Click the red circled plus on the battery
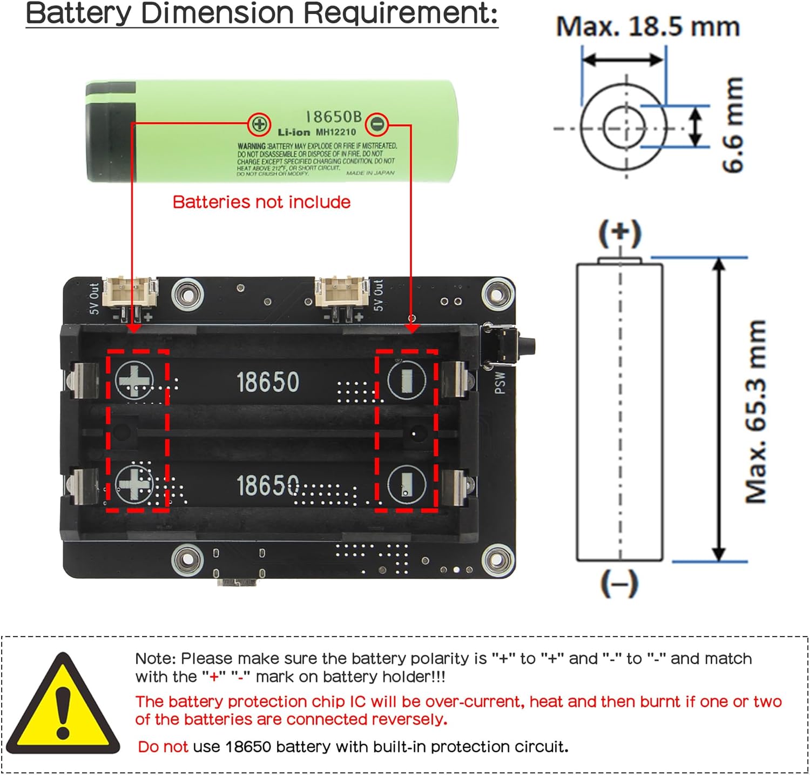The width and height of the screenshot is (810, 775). [259, 124]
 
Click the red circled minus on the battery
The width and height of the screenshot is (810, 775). [377, 125]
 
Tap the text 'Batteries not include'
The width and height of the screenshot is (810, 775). [261, 202]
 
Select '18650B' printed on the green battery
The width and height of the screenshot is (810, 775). [333, 117]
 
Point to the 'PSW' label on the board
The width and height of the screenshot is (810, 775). [500, 382]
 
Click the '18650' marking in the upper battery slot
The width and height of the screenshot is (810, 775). [268, 382]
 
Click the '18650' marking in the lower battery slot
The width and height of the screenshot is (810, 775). [268, 485]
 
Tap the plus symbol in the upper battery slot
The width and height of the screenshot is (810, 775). [134, 380]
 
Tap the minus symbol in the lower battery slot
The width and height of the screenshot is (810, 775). [406, 484]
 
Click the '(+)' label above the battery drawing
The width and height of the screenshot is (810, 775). [620, 233]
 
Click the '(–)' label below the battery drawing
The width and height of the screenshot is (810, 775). [619, 584]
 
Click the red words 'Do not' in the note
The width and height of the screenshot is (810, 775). [163, 747]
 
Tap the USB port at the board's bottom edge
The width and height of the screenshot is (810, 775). [238, 582]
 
